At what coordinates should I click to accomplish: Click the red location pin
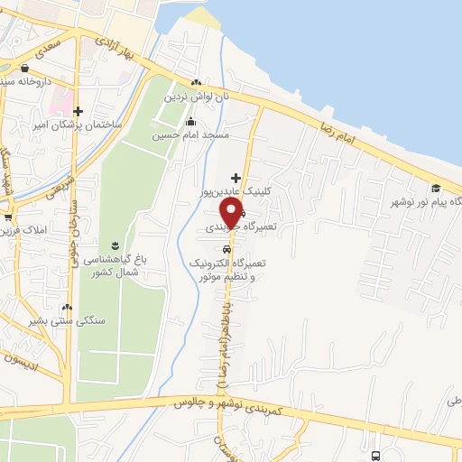(x=232, y=213)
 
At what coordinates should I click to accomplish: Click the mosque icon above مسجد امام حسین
(x=190, y=122)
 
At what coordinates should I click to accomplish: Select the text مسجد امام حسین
(x=196, y=134)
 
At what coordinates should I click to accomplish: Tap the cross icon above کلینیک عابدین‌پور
(x=236, y=178)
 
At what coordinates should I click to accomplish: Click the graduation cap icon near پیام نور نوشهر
(x=436, y=188)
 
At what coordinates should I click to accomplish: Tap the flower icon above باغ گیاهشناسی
(x=114, y=245)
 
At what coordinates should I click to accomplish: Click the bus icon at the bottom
(x=375, y=456)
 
